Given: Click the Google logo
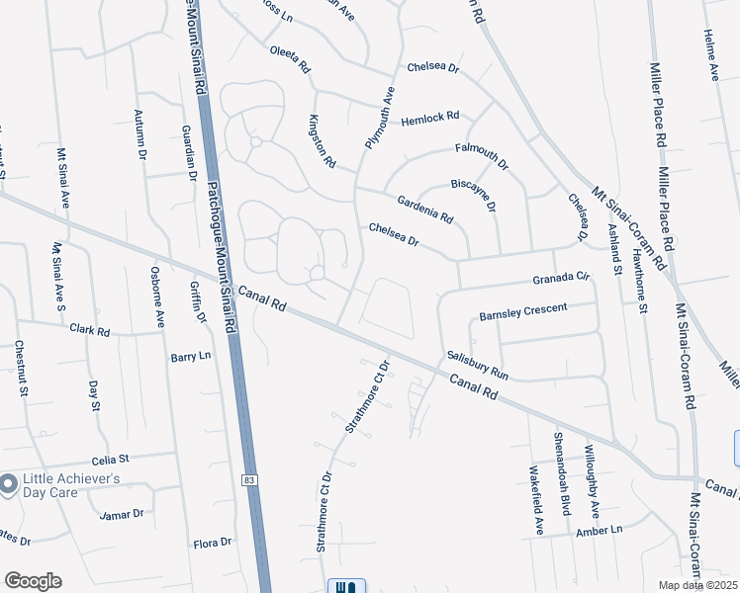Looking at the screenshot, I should [x=33, y=581].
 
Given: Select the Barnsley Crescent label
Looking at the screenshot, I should [x=523, y=311].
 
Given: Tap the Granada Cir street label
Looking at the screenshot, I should [x=561, y=280].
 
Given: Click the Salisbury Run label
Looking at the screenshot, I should [x=477, y=366].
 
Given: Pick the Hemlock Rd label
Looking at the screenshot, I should [x=430, y=119].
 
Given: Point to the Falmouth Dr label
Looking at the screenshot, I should [x=481, y=155].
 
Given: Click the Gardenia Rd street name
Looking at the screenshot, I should [x=424, y=208].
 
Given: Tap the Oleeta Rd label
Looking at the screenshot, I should [x=290, y=59].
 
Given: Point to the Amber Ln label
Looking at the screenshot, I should [x=599, y=531].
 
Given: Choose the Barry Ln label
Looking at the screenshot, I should [x=191, y=356].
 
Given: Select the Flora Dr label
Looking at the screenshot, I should [x=212, y=543].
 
